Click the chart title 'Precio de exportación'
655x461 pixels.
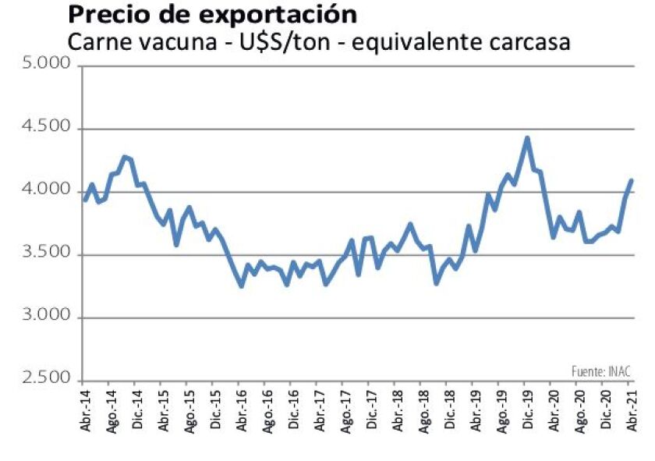coord(213,15)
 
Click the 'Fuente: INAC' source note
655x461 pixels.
coord(600,371)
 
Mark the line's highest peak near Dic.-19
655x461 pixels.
coord(527,139)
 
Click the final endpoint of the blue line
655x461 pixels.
coord(631,180)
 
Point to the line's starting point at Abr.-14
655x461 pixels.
coord(85,200)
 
